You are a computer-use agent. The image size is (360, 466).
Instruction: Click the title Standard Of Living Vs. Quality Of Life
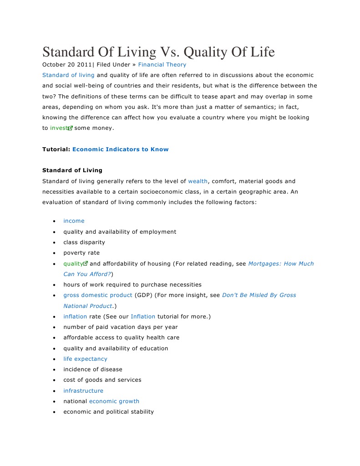(158, 52)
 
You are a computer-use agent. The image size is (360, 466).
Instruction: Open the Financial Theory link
(162, 65)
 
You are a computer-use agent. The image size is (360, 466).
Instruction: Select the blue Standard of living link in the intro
(68, 75)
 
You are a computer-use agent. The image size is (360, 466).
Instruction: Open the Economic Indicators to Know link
(120, 149)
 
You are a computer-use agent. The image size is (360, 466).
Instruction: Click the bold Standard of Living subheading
(72, 170)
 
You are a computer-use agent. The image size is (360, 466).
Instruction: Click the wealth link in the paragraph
(198, 181)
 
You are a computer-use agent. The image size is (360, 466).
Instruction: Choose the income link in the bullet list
(74, 221)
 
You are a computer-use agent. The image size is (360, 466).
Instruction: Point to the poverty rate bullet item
(81, 253)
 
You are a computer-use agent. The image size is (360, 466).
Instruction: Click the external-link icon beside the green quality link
(85, 264)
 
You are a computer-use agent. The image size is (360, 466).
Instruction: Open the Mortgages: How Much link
(281, 264)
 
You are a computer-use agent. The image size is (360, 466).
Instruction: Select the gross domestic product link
(98, 295)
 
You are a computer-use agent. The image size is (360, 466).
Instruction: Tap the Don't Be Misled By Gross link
(259, 295)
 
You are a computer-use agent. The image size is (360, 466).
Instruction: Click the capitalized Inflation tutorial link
(143, 317)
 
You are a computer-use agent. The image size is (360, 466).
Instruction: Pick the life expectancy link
(85, 359)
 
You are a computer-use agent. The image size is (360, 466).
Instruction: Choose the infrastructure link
(83, 391)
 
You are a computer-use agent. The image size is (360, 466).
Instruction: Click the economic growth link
(114, 401)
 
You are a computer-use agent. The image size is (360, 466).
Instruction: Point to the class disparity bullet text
(84, 242)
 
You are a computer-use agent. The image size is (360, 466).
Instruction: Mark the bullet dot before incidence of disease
(54, 370)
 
